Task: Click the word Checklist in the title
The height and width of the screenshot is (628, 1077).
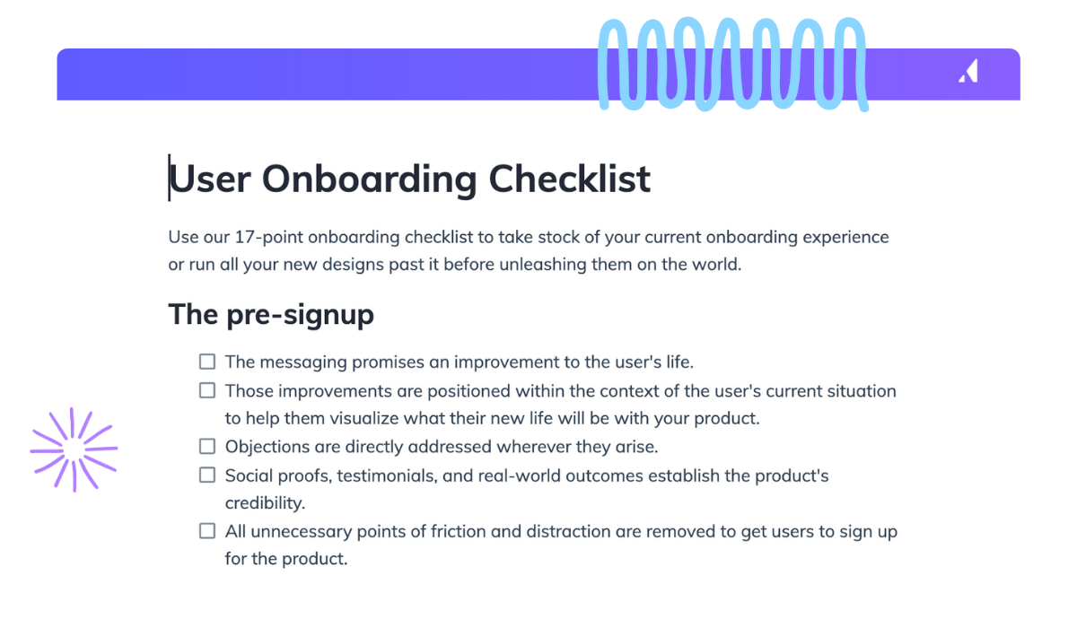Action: coord(569,179)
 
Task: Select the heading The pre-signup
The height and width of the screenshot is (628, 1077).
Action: coord(271,315)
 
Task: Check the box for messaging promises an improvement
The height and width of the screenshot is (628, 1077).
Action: coord(207,362)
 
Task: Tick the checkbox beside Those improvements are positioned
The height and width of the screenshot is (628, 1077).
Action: coord(207,391)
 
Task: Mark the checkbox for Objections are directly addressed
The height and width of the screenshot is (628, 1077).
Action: coord(207,447)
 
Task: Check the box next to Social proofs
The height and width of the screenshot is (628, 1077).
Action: coord(207,475)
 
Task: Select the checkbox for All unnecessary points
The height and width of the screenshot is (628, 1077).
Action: coord(207,531)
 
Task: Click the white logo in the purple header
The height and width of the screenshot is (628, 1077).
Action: coord(968,73)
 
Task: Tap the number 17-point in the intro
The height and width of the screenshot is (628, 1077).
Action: coord(265,238)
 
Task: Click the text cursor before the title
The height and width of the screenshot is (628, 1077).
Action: coord(169,178)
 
